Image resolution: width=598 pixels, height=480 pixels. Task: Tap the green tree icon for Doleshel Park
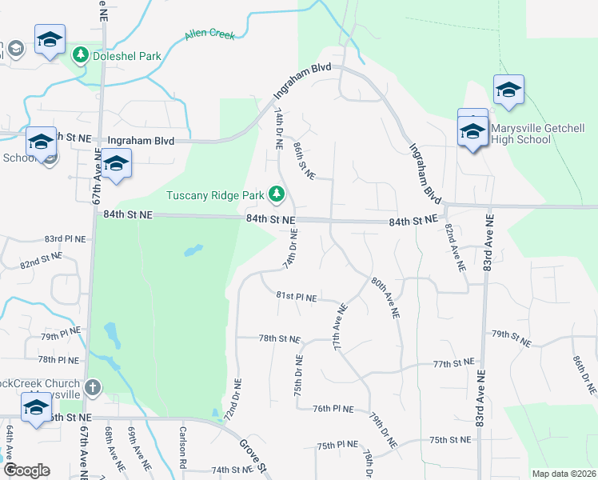pos(80,55)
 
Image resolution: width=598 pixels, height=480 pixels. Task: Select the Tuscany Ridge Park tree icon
pos(277,194)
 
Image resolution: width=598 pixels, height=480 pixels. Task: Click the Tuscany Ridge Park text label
pos(215,195)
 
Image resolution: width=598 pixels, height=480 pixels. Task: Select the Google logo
pos(26,470)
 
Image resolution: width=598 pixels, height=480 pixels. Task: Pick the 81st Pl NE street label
pos(297,297)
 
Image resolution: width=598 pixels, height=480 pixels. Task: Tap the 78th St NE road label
pos(279,339)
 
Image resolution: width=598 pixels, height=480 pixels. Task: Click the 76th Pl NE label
pos(333,408)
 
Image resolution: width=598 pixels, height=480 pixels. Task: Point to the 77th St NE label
pos(454,363)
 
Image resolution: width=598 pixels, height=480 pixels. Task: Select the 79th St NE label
pos(512,338)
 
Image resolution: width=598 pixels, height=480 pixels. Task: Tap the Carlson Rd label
pos(182,453)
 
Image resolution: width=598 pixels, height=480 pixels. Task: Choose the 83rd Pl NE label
pos(64,239)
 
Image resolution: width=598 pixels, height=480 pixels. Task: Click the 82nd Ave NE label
pos(455,250)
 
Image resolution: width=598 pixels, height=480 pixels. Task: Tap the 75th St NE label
pos(449,440)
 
